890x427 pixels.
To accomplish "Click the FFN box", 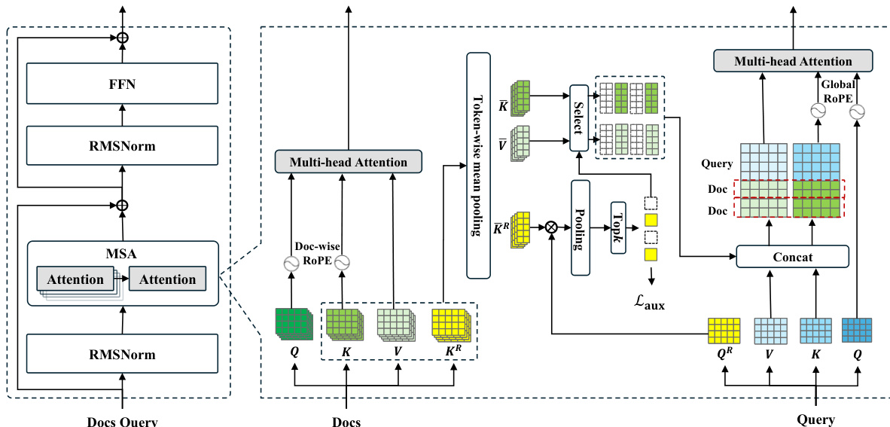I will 121,83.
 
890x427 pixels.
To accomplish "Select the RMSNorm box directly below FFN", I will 121,146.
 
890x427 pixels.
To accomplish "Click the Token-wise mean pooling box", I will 478,165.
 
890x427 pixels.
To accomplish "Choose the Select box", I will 578,117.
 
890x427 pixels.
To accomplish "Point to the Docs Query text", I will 120,420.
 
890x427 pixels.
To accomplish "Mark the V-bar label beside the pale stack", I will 502,142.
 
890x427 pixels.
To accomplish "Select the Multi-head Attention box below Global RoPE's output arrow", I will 793,61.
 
